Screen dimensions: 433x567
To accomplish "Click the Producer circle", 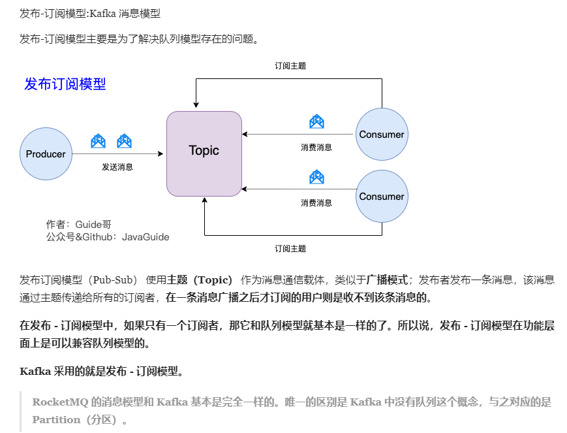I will click(46, 154).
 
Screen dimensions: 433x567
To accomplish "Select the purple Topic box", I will click(204, 153).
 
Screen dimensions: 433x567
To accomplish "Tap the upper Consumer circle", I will click(382, 135).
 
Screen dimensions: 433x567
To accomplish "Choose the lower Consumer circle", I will click(382, 197).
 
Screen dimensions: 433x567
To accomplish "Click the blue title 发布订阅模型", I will click(65, 84).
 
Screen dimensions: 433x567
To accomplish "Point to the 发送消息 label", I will click(117, 167).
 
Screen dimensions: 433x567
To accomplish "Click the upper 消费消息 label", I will click(316, 148).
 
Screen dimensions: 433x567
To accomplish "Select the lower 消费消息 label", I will click(316, 203).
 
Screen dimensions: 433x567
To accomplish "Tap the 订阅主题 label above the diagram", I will click(290, 66).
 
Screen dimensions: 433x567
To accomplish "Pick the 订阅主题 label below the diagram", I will click(290, 249).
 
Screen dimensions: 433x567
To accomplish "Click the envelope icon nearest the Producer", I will click(99, 140).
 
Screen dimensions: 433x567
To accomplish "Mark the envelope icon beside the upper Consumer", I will click(316, 121).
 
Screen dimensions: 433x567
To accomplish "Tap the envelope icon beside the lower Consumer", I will click(316, 176).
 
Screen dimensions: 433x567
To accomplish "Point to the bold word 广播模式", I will click(388, 280).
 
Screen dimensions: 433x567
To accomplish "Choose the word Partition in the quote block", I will click(56, 419).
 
